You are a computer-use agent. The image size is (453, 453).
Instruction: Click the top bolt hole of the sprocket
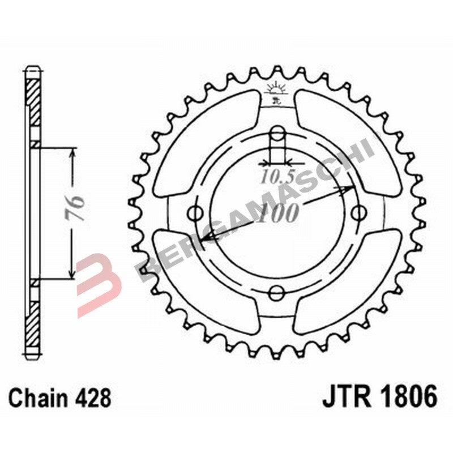[x=277, y=134]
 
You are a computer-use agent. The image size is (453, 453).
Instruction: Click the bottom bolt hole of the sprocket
[x=277, y=292]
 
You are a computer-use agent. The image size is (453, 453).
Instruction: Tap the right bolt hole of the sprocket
[x=358, y=213]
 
